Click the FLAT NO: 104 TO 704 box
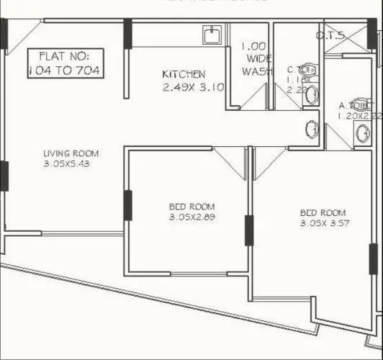[x=63, y=63]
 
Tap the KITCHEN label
[x=184, y=74]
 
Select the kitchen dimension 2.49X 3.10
[x=184, y=87]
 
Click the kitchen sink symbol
[x=213, y=36]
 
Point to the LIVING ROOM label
[x=71, y=153]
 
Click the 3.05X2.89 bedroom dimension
[x=193, y=217]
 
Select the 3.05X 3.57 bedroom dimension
[x=323, y=224]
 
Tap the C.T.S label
[x=330, y=35]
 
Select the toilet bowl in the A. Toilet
[x=361, y=132]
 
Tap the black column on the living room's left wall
[x=4, y=175]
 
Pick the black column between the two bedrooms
[x=248, y=230]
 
